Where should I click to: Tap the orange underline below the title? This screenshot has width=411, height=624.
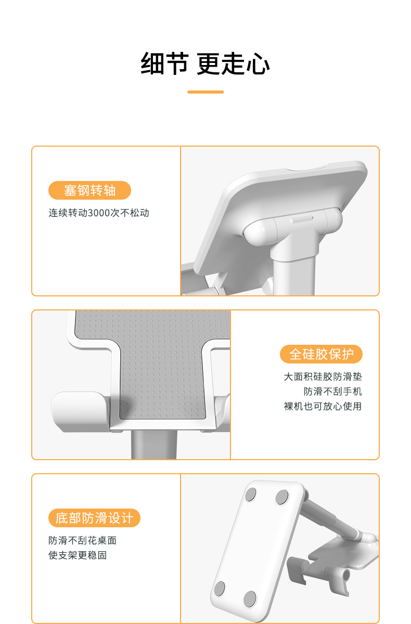[x=205, y=92]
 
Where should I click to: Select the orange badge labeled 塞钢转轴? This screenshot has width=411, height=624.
[x=89, y=190]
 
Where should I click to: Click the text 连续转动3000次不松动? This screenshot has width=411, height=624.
[x=99, y=213]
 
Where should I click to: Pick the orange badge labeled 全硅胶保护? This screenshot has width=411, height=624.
[x=321, y=354]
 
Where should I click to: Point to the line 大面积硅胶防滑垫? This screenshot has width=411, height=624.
[x=322, y=376]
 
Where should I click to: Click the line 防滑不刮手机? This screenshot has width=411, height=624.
[x=332, y=392]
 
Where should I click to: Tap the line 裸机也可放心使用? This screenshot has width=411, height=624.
[x=322, y=406]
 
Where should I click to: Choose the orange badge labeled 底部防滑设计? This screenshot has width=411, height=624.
[x=94, y=518]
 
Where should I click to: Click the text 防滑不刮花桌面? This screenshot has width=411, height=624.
[x=82, y=540]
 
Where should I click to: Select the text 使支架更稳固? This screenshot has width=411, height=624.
[x=78, y=555]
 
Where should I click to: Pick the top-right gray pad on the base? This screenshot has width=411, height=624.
[x=282, y=497]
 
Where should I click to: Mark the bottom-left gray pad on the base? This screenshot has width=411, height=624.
[x=219, y=589]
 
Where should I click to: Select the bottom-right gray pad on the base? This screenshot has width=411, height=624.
[x=250, y=599]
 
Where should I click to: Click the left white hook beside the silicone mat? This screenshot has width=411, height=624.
[x=78, y=411]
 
